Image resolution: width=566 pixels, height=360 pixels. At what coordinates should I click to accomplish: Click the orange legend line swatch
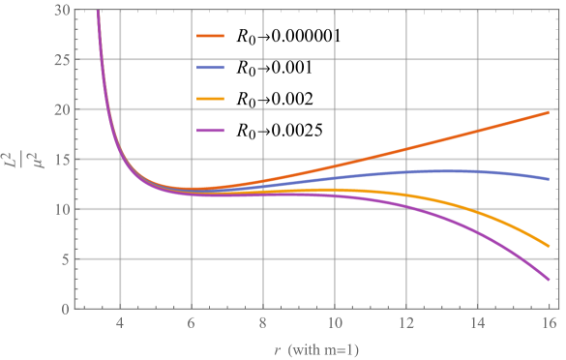(x=211, y=37)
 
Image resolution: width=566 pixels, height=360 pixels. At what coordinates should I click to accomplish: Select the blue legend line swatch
(x=211, y=68)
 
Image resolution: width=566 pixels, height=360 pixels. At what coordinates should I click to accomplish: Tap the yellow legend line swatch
(x=211, y=99)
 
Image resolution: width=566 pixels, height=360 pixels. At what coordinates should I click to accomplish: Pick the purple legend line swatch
(x=211, y=130)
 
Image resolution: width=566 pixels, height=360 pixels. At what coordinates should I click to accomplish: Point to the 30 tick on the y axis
(x=62, y=10)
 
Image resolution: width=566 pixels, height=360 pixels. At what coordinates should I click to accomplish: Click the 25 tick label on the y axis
(x=62, y=60)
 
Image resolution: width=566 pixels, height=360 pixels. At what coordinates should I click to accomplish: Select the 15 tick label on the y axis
(x=62, y=160)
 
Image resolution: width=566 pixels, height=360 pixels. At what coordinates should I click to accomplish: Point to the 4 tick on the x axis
(x=120, y=325)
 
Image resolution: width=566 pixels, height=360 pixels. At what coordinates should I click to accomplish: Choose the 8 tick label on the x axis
(x=262, y=325)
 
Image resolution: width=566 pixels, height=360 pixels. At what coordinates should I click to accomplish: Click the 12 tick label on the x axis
(x=405, y=325)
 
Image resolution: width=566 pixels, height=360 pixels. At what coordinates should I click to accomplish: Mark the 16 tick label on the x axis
(x=548, y=325)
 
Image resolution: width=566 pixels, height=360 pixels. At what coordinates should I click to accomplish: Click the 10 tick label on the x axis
(x=334, y=325)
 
